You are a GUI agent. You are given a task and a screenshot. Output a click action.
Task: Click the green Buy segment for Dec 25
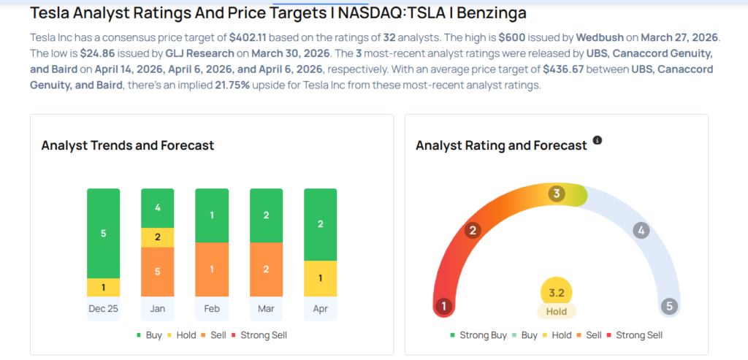tap(103, 234)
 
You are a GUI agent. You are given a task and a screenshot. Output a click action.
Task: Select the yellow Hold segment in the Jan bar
tap(157, 237)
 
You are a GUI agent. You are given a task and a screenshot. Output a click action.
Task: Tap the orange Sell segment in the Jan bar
tap(157, 272)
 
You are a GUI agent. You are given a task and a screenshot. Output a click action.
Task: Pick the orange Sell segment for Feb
tap(212, 269)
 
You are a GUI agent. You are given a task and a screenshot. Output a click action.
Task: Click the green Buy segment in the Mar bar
tap(266, 215)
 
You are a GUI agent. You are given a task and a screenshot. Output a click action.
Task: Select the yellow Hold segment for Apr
tap(320, 278)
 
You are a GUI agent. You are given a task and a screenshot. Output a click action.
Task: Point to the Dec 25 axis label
tap(103, 308)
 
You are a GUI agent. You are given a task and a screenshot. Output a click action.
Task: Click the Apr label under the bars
tap(320, 308)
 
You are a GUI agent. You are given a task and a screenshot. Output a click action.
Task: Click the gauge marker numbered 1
tap(442, 306)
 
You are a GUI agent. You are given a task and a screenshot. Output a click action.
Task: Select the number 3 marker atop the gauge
tap(557, 194)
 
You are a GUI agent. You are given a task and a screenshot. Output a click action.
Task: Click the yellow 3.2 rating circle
tap(556, 293)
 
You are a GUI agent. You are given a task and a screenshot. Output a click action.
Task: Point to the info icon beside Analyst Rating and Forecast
tap(598, 139)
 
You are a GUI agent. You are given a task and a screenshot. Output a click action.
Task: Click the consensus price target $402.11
tap(252, 37)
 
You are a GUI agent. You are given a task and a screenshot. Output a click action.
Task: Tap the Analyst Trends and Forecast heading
tap(128, 145)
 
